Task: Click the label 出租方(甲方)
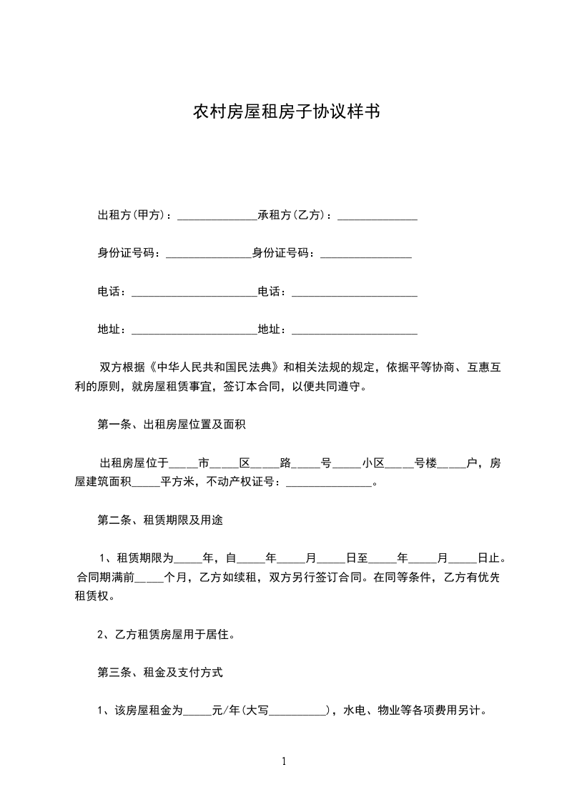pos(132,215)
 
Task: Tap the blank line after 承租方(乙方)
pos(377,217)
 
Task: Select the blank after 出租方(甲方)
pos(217,217)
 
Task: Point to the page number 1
pos(284,761)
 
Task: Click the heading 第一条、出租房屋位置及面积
pos(172,425)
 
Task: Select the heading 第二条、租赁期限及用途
pos(160,520)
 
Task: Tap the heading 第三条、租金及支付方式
pos(160,673)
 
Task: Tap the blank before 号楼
pos(399,464)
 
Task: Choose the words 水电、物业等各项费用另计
pos(415,711)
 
